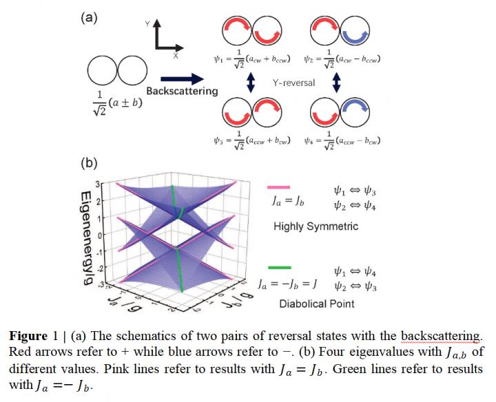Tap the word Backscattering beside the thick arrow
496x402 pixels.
click(182, 90)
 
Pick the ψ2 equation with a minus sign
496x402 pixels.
click(345, 59)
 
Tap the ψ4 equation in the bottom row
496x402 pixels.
click(344, 140)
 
